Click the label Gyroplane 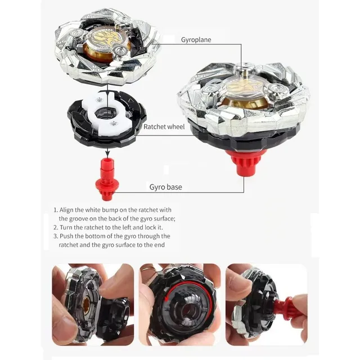click(x=196, y=40)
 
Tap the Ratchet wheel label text click(x=164, y=127)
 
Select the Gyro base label click(x=165, y=187)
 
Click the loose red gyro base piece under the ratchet click(x=107, y=179)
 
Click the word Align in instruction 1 click(x=66, y=210)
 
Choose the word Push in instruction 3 click(x=66, y=236)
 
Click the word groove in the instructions click(x=79, y=219)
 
